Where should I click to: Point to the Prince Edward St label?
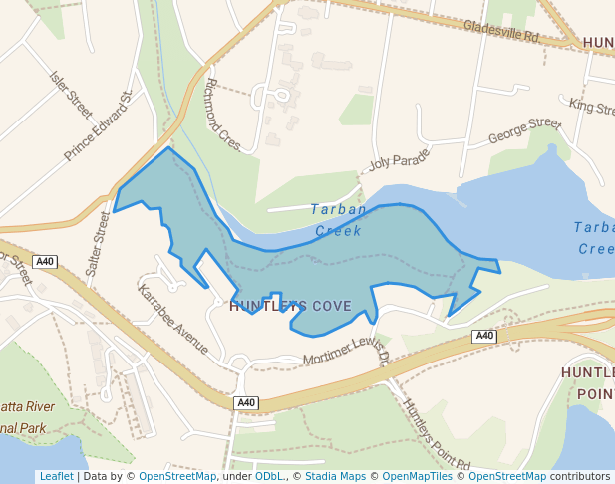point(99,126)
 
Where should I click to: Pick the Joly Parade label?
point(399,160)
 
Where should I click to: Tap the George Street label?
point(525,130)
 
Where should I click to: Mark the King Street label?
point(591,106)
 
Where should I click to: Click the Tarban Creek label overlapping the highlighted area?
point(338,220)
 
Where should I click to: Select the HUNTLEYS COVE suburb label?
point(290,306)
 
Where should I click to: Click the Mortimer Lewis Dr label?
point(345,356)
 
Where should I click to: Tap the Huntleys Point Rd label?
point(435,433)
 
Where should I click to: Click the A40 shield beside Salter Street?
point(44,262)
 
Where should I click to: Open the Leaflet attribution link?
point(56,477)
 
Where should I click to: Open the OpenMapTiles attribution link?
point(411,477)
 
